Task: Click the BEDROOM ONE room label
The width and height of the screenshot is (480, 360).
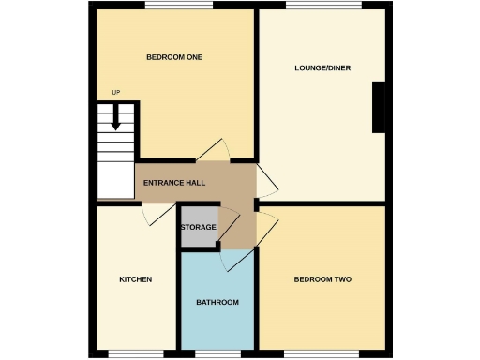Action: pyautogui.click(x=174, y=58)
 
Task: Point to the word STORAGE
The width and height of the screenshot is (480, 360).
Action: pyautogui.click(x=198, y=228)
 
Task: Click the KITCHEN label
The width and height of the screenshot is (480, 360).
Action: pyautogui.click(x=135, y=279)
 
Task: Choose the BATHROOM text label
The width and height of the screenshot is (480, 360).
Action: pyautogui.click(x=217, y=302)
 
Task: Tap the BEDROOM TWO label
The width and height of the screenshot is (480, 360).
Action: pyautogui.click(x=322, y=279)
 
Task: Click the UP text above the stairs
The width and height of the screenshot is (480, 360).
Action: pyautogui.click(x=116, y=92)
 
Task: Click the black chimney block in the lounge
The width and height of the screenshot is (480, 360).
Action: pyautogui.click(x=379, y=108)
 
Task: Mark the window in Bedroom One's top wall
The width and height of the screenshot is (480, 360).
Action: pyautogui.click(x=178, y=6)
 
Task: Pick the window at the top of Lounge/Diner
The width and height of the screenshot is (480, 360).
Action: pyautogui.click(x=322, y=6)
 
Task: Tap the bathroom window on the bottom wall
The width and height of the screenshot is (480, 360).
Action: pyautogui.click(x=217, y=353)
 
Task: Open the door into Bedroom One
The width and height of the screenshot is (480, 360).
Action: pyautogui.click(x=212, y=150)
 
